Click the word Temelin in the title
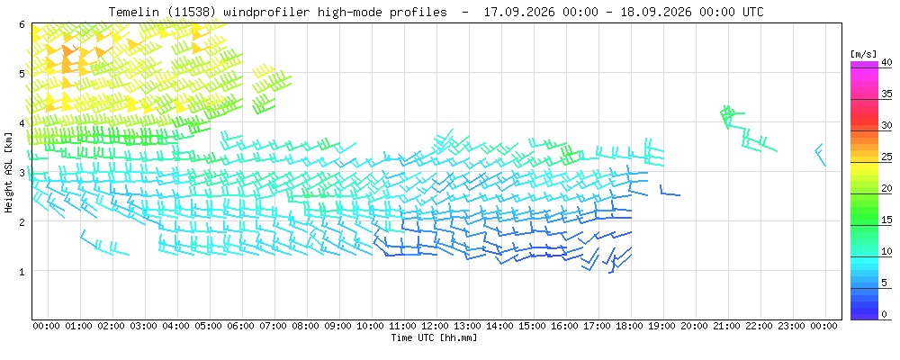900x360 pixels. pyautogui.click(x=130, y=12)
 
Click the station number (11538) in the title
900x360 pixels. pyautogui.click(x=178, y=12)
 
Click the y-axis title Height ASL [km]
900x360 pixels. pyautogui.click(x=9, y=172)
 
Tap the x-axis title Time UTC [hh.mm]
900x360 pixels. pyautogui.click(x=434, y=337)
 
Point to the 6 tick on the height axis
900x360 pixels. pyautogui.click(x=22, y=24)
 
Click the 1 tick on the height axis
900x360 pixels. pyautogui.click(x=22, y=271)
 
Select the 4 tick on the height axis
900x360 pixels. pyautogui.click(x=22, y=123)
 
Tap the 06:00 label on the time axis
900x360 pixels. pyautogui.click(x=241, y=326)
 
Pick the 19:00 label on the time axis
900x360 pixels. pyautogui.click(x=663, y=326)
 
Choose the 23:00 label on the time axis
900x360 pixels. pyautogui.click(x=793, y=326)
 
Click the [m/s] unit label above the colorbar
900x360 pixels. pyautogui.click(x=861, y=54)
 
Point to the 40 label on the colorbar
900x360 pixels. pyautogui.click(x=886, y=62)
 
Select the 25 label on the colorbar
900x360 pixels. pyautogui.click(x=886, y=157)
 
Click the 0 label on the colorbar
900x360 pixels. pyautogui.click(x=884, y=314)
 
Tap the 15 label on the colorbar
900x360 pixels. pyautogui.click(x=886, y=220)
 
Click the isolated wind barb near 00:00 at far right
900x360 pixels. pyautogui.click(x=821, y=154)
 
